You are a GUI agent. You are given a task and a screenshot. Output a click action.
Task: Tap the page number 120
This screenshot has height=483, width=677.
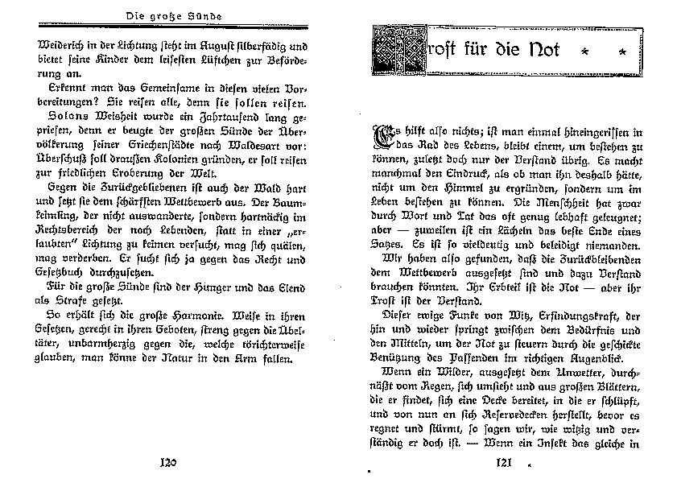point(168,462)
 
